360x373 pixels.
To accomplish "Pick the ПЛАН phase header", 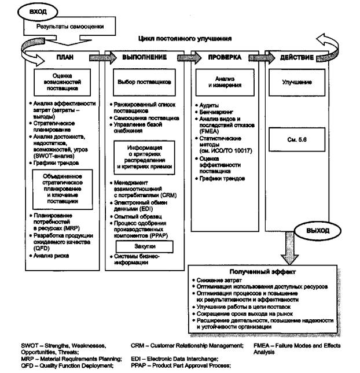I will point(64,58).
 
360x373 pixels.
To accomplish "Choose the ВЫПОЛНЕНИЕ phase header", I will point(145,58).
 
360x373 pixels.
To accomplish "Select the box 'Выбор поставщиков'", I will point(144,82).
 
